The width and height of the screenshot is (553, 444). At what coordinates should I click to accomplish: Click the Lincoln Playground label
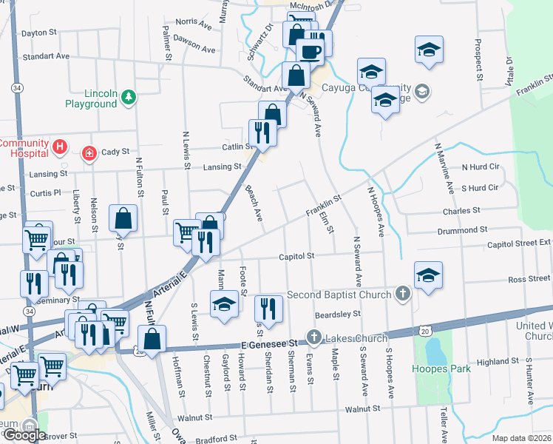[x=90, y=99]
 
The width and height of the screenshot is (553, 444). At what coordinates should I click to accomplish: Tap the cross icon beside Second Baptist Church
[x=403, y=294]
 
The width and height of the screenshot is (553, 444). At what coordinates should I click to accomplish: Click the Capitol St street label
[x=296, y=256]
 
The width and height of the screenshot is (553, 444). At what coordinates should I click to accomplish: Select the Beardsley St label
[x=336, y=314]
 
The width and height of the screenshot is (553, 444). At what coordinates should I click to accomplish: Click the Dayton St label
[x=39, y=33]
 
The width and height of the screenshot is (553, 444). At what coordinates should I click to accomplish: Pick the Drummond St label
[x=462, y=231]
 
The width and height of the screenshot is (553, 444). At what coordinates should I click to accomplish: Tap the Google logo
[x=24, y=435]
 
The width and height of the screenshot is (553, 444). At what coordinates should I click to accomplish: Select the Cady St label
[x=115, y=152]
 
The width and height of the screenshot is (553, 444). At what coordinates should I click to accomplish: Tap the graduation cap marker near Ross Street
[x=429, y=275]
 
